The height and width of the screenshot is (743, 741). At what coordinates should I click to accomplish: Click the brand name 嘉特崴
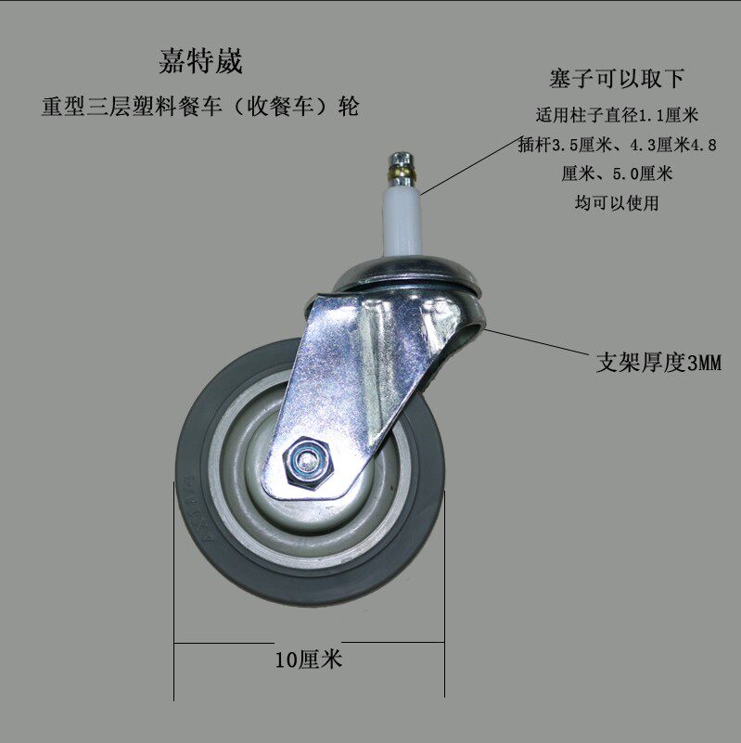199,63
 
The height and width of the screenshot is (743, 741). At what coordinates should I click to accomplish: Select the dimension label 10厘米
309,660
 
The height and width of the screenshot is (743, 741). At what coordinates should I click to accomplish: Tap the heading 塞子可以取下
616,78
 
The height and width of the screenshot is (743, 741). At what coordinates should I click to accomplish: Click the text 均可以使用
616,203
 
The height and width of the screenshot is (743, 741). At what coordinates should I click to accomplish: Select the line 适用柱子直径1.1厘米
616,117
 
